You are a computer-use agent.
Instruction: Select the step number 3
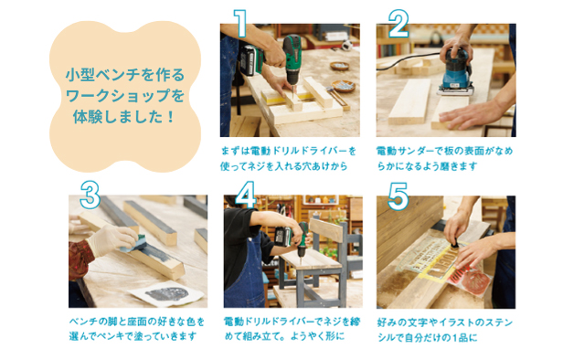pyautogui.click(x=89, y=194)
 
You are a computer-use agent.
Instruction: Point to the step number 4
pyautogui.click(x=245, y=195)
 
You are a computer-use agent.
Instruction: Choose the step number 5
pyautogui.click(x=397, y=195)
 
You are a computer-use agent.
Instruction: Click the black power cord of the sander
pyautogui.click(x=411, y=65)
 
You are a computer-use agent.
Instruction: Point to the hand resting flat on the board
pyautogui.click(x=472, y=114)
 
